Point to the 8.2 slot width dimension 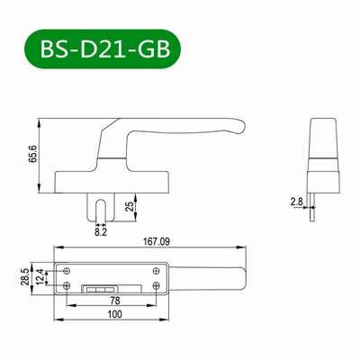coord(101,230)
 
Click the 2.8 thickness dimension coord(296,203)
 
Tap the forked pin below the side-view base coord(101,202)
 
